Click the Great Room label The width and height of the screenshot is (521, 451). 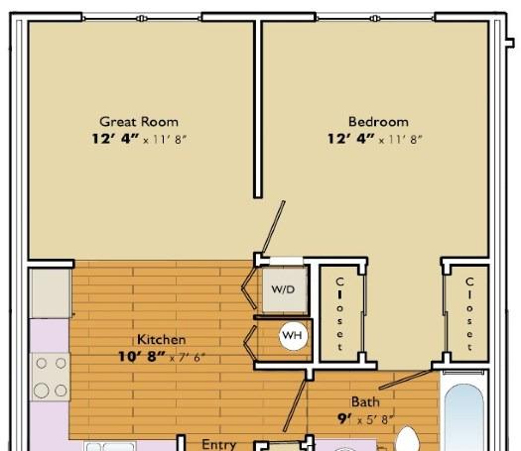tap(139, 122)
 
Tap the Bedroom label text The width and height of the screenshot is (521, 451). tap(378, 122)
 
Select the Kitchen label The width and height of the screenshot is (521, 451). tap(161, 340)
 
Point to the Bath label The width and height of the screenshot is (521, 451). tap(365, 401)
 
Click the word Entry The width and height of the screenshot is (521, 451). tap(219, 444)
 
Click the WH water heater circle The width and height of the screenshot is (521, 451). tap(292, 335)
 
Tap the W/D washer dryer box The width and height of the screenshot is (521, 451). tap(285, 289)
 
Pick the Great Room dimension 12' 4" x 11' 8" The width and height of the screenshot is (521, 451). tap(139, 139)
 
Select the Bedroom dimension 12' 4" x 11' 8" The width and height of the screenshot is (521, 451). tap(375, 139)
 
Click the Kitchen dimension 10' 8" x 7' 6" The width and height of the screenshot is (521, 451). tap(162, 357)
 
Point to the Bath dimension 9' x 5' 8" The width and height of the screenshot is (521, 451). tap(365, 419)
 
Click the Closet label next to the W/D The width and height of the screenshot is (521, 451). tap(339, 314)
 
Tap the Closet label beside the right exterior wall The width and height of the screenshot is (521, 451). tap(469, 314)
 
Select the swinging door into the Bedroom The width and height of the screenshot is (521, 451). tap(273, 227)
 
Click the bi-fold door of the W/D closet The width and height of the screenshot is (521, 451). tap(249, 288)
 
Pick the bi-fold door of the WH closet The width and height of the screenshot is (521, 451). tap(250, 343)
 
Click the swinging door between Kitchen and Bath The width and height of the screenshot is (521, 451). tap(295, 405)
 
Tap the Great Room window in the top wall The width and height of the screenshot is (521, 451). tap(142, 18)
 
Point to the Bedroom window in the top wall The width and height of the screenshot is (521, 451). tap(375, 18)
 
